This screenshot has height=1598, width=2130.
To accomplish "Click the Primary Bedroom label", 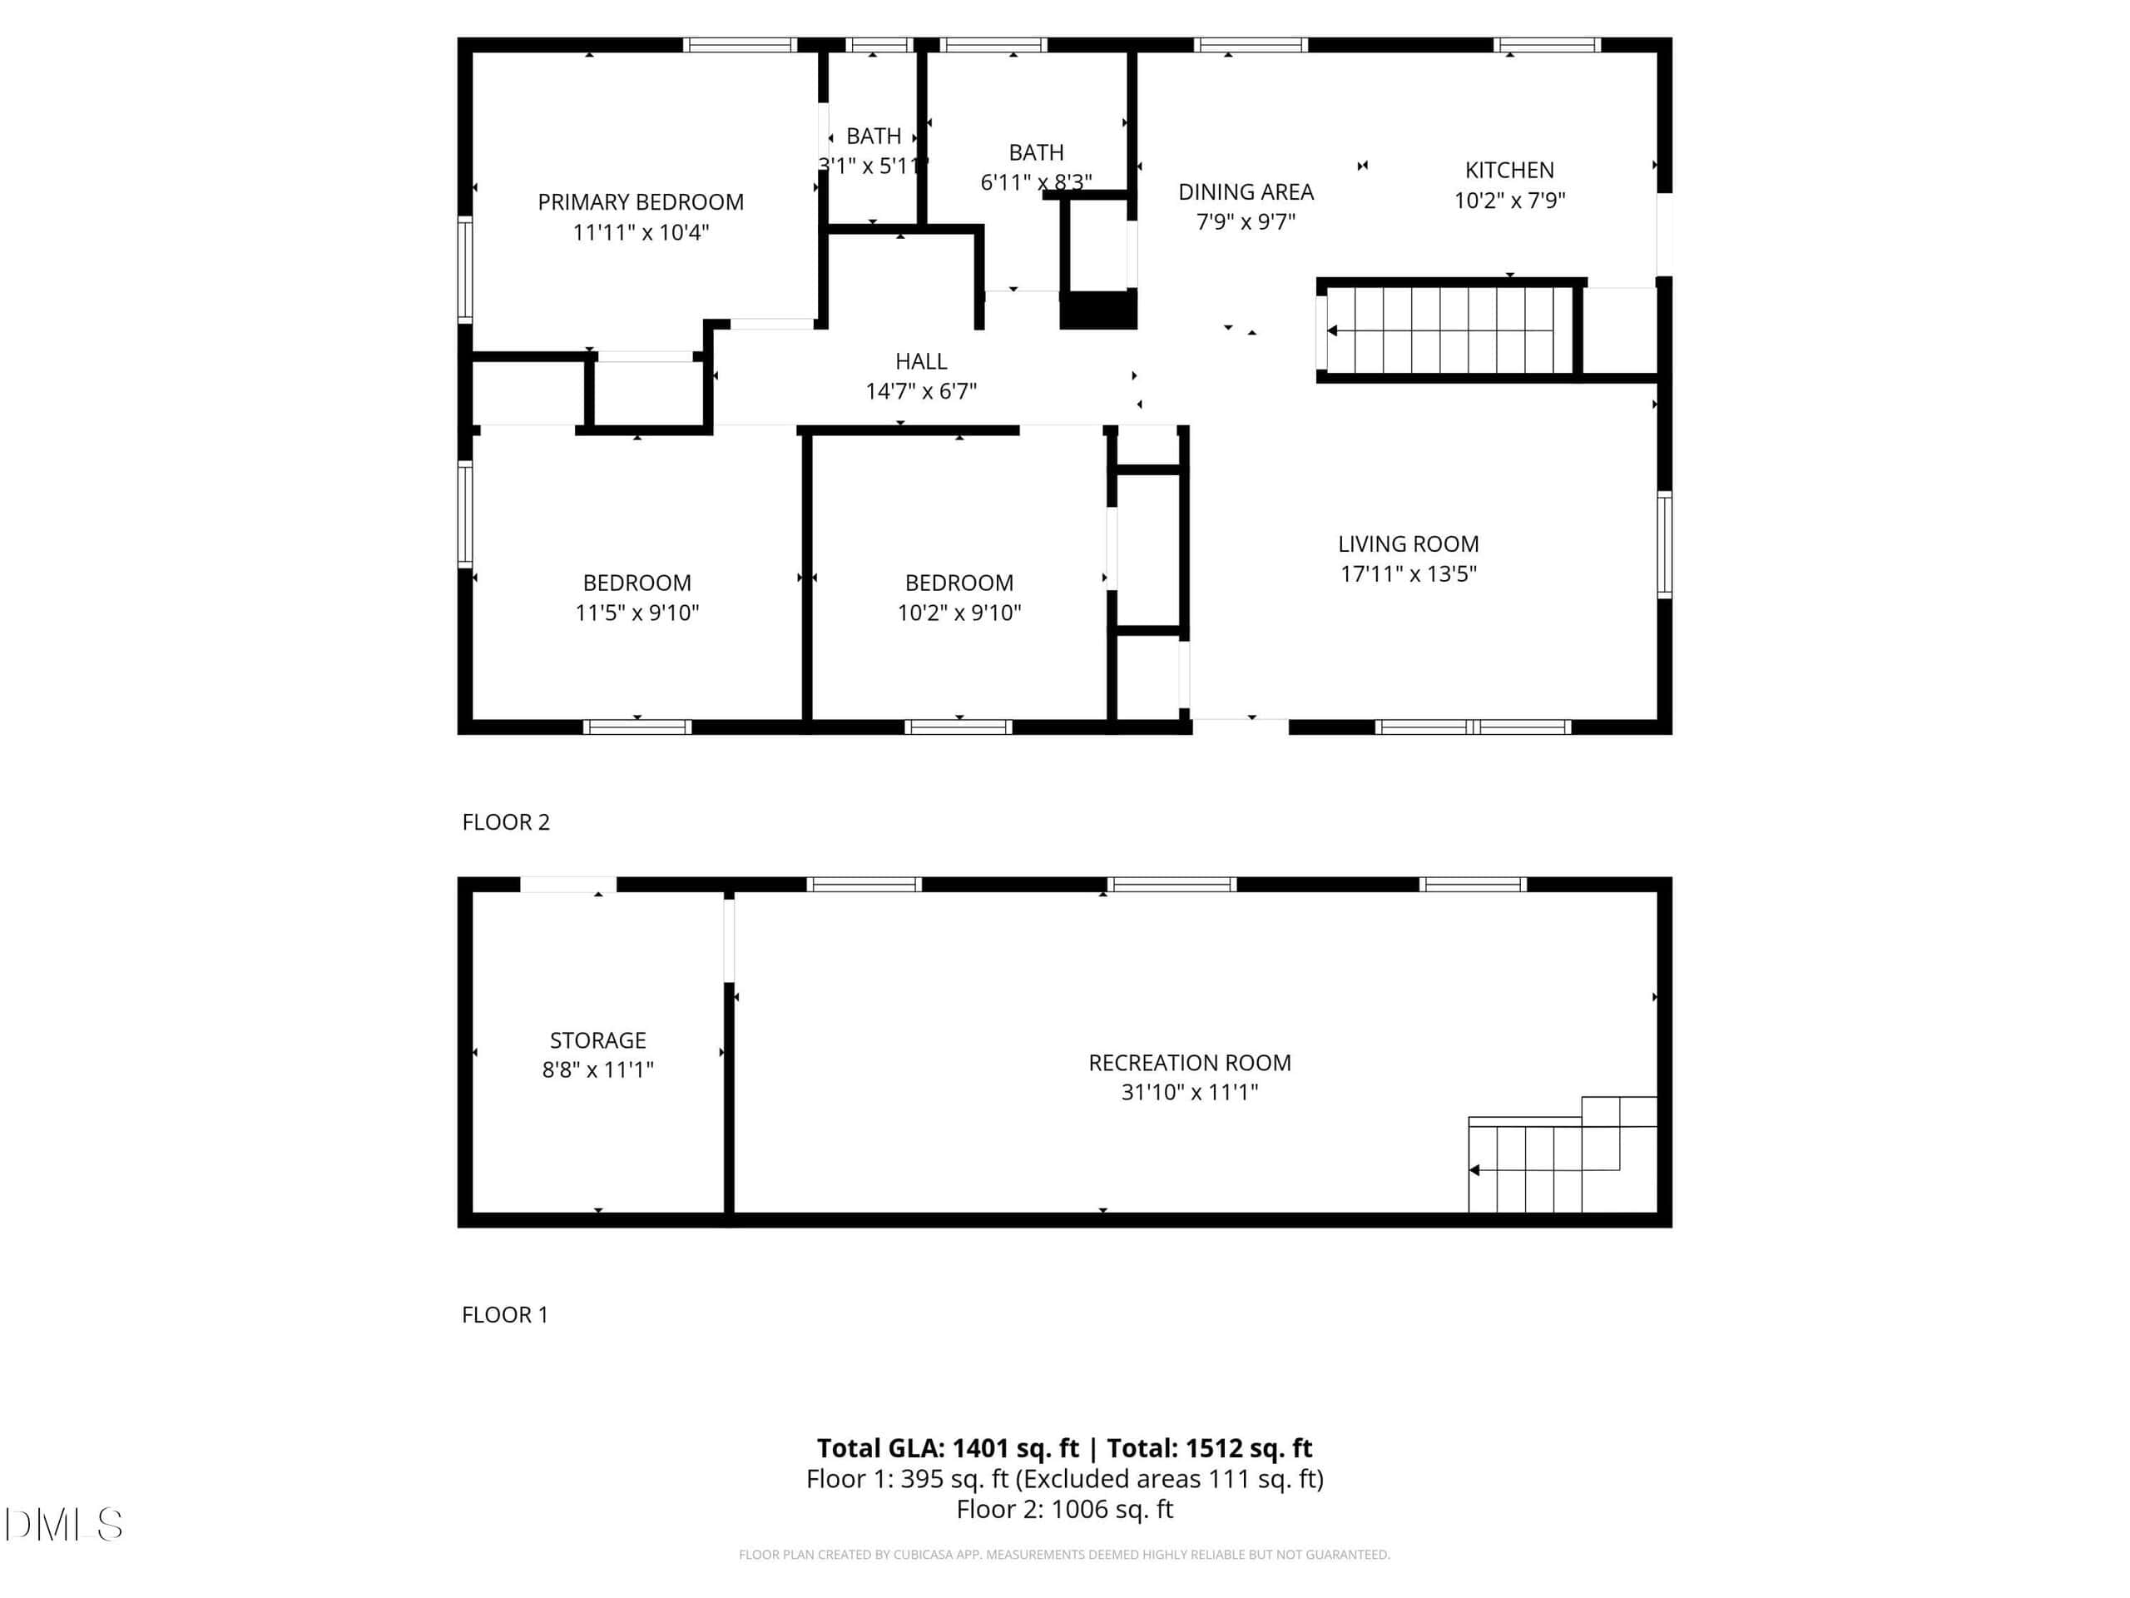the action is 641,202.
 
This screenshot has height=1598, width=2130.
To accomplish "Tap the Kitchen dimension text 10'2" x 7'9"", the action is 1509,201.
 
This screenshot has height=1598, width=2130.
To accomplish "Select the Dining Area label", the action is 1246,191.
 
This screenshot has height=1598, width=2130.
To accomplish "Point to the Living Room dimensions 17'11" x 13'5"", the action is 1408,574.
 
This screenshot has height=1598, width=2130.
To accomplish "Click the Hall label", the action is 920,361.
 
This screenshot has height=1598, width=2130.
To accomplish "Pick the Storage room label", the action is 598,1040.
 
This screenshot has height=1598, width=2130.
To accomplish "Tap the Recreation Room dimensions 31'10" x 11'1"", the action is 1189,1092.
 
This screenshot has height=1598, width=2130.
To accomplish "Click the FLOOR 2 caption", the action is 506,821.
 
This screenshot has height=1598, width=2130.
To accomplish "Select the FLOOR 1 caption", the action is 504,1315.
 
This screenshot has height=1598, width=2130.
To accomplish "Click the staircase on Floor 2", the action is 1449,330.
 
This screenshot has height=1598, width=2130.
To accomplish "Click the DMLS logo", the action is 63,1525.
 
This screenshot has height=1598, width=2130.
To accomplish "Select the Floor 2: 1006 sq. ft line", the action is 1064,1510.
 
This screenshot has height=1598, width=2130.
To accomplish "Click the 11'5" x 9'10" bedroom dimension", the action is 637,613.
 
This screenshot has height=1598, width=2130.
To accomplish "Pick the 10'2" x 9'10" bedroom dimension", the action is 959,613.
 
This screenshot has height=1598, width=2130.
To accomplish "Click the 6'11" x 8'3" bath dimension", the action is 1036,182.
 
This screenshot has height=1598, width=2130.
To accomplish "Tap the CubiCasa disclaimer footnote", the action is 1064,1555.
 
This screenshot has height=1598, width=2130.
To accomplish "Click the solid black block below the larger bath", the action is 1097,310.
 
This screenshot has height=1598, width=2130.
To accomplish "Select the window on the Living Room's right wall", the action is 1664,544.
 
